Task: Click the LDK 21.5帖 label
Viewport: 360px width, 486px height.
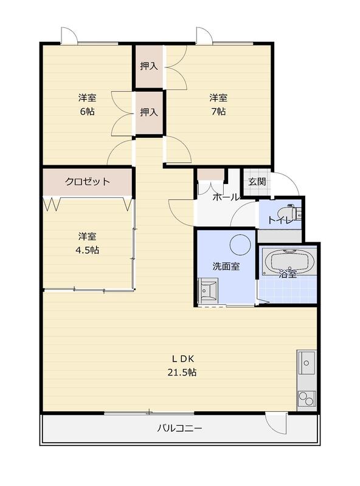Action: (182, 366)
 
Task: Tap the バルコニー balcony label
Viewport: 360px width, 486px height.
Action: (179, 428)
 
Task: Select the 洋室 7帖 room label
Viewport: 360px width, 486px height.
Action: (218, 104)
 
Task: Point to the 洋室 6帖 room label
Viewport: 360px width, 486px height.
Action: (87, 104)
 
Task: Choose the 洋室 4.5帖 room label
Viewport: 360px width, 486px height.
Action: (87, 243)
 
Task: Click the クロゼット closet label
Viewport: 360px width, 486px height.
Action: (88, 181)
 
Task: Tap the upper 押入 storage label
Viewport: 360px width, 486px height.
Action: (149, 66)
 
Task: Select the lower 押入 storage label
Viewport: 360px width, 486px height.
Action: (149, 112)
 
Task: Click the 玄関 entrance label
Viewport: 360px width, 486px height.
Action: (257, 182)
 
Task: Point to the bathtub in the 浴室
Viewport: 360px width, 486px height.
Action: (289, 262)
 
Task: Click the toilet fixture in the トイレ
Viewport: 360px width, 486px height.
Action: (289, 213)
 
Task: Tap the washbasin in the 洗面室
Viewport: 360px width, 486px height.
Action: (208, 291)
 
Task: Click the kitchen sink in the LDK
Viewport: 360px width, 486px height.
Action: (306, 363)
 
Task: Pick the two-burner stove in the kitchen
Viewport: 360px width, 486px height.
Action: (306, 399)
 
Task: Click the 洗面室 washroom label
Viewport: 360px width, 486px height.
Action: (226, 266)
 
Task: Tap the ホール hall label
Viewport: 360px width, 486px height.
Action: (226, 197)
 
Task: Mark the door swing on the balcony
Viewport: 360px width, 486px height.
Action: (275, 424)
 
